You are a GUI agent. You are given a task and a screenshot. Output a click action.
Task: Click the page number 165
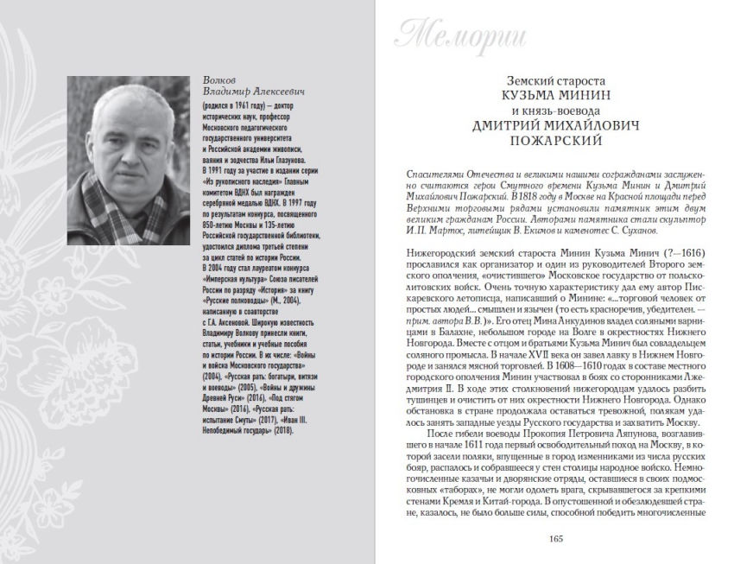coord(555,540)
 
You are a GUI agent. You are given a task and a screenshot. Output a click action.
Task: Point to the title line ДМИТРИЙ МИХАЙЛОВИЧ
coord(555,125)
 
